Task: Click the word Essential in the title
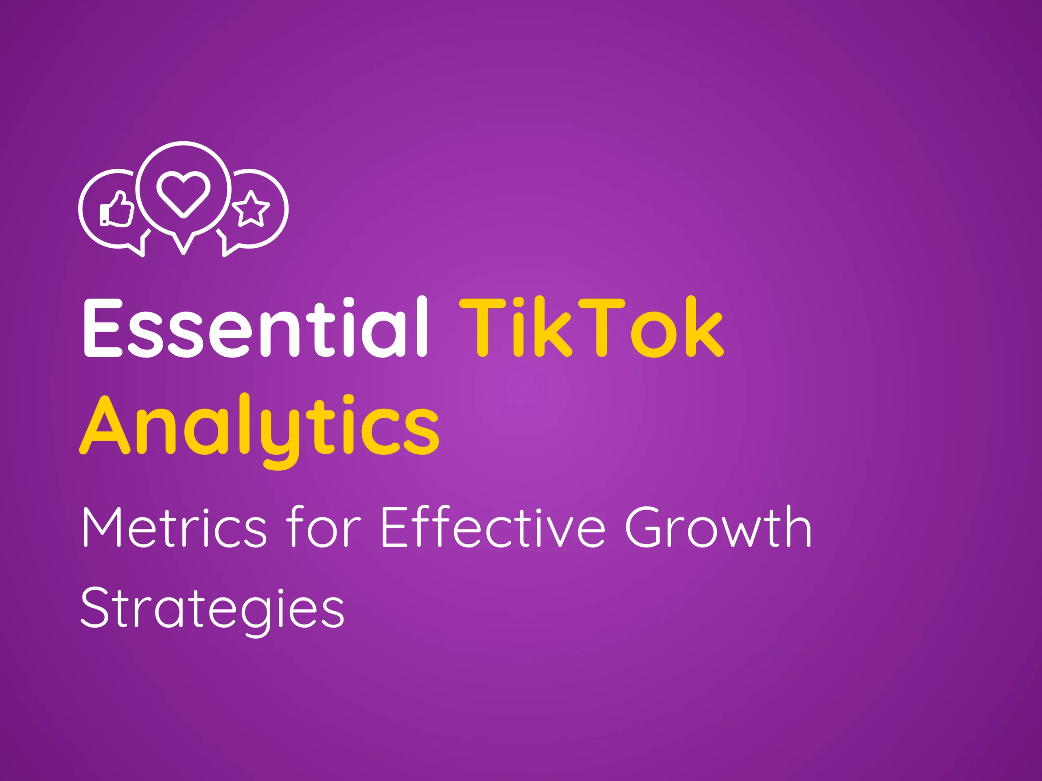pos(255,327)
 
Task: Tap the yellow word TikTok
pos(591,327)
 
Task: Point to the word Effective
pos(492,527)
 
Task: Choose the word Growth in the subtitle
pos(718,527)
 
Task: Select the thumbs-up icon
pos(116,209)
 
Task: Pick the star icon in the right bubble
pos(251,209)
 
